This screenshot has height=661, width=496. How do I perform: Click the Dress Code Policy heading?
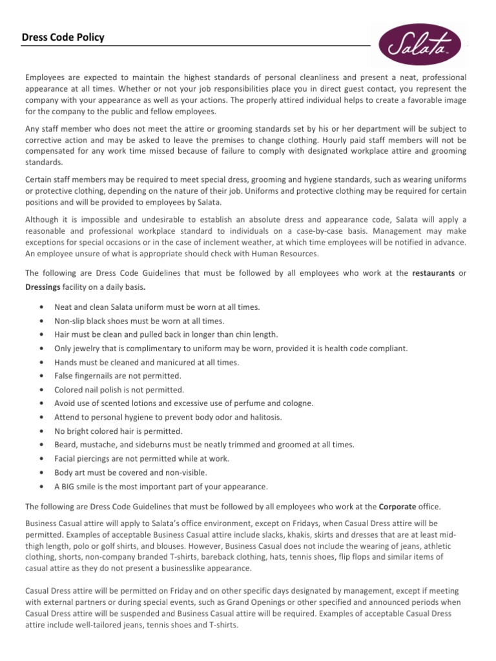click(x=63, y=38)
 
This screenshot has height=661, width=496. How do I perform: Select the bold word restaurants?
click(x=434, y=273)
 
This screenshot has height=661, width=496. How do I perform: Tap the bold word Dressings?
click(x=42, y=287)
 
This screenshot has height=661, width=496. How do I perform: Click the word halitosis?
click(x=265, y=417)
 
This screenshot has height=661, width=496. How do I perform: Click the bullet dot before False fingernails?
click(x=42, y=376)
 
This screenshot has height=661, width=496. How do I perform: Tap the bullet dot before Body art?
click(x=42, y=473)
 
